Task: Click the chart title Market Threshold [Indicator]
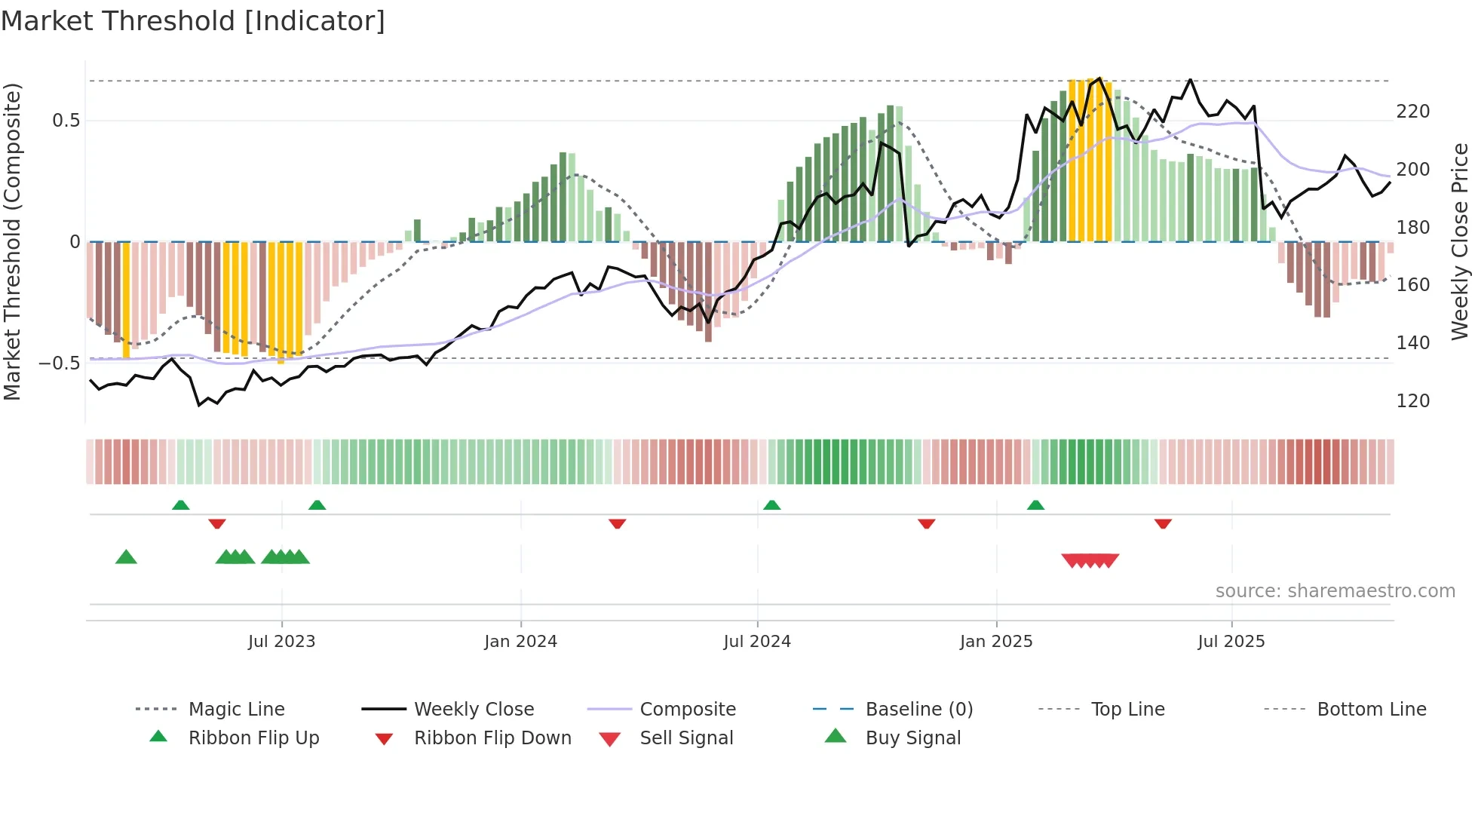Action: (x=193, y=21)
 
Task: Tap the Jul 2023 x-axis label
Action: (x=281, y=642)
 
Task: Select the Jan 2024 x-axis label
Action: (x=520, y=642)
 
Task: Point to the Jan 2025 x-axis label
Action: (x=995, y=642)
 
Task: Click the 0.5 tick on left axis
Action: (x=66, y=121)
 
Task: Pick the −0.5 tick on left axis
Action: (x=60, y=363)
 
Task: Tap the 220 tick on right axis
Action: (x=1412, y=112)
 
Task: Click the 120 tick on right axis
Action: (x=1412, y=401)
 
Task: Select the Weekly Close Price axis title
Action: (x=1460, y=241)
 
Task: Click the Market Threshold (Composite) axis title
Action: (x=12, y=241)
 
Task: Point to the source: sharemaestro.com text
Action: (x=1335, y=591)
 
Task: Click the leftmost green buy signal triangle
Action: (x=126, y=557)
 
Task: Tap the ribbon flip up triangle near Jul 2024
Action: (x=771, y=505)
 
